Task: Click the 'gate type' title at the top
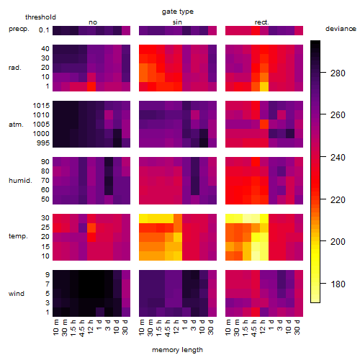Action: point(178,12)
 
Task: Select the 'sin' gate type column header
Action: point(177,22)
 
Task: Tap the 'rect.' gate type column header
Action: point(262,22)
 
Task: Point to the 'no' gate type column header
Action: point(93,22)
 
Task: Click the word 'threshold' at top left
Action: point(40,17)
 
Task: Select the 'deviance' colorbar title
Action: point(341,29)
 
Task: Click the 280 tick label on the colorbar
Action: point(338,73)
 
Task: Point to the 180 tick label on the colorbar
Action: point(338,284)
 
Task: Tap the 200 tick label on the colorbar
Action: point(338,241)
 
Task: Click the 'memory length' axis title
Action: point(177,350)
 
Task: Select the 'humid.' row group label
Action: point(20,181)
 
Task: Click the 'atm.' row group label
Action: point(16,125)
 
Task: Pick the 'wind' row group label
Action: point(17,294)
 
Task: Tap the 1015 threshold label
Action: point(41,105)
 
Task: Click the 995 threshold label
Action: point(43,143)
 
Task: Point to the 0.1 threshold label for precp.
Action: point(44,30)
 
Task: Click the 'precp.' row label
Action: point(19,29)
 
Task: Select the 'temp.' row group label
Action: point(18,236)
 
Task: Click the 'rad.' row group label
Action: point(15,68)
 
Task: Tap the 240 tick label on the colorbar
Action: point(338,158)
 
